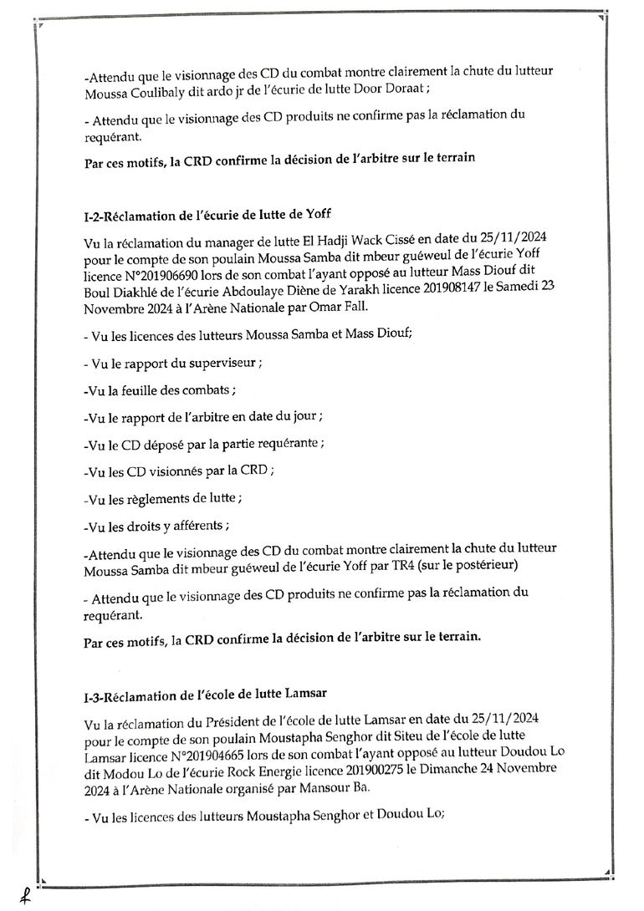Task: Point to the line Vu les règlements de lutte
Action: pyautogui.click(x=164, y=499)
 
